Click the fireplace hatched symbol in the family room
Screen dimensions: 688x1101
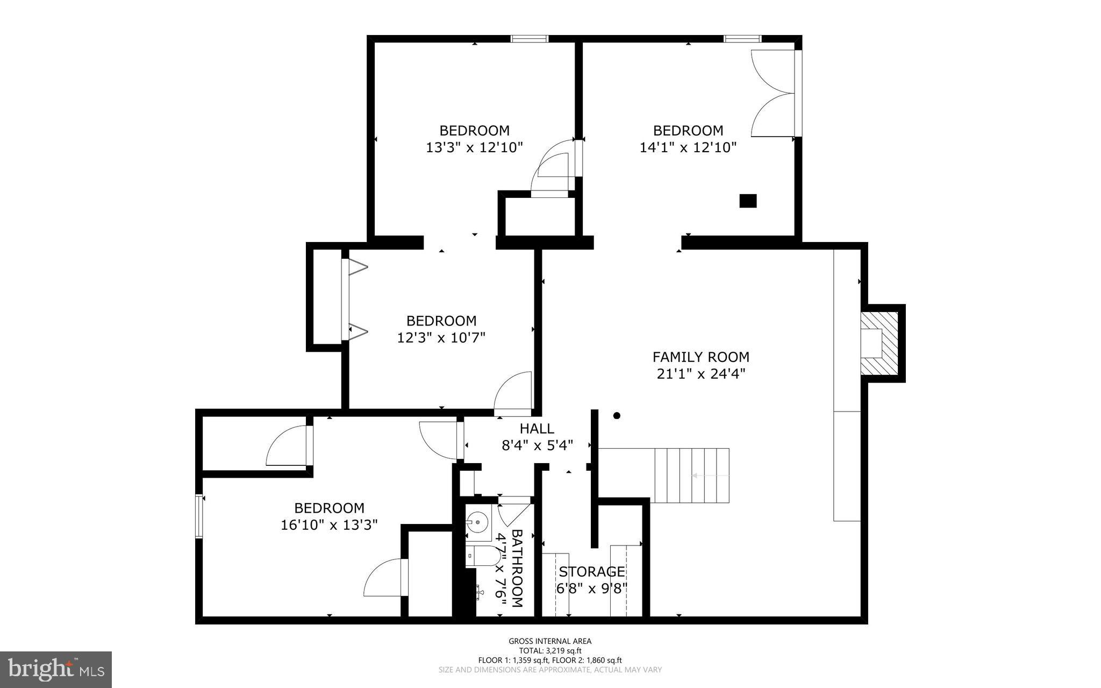click(880, 344)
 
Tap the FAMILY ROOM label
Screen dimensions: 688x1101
click(700, 357)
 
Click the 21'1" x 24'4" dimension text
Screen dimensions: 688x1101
click(700, 374)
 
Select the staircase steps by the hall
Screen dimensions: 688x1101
click(691, 476)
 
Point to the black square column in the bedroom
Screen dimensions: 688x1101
click(748, 201)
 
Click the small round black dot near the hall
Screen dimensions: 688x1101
click(617, 415)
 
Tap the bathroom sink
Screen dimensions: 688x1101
click(477, 522)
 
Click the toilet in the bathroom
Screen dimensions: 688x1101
click(480, 555)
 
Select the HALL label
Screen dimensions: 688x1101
click(537, 429)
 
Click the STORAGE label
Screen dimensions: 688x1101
click(591, 571)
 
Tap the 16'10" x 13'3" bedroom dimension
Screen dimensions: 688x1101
click(329, 525)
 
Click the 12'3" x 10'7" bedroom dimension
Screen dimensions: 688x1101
click(441, 338)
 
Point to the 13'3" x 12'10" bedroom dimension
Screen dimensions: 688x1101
click(474, 147)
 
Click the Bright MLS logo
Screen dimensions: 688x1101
click(56, 669)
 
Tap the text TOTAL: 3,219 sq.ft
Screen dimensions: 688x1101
click(550, 650)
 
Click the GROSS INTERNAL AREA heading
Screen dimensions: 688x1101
click(550, 641)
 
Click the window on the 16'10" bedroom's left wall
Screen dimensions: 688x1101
click(199, 516)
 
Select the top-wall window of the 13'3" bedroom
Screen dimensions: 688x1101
click(529, 39)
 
